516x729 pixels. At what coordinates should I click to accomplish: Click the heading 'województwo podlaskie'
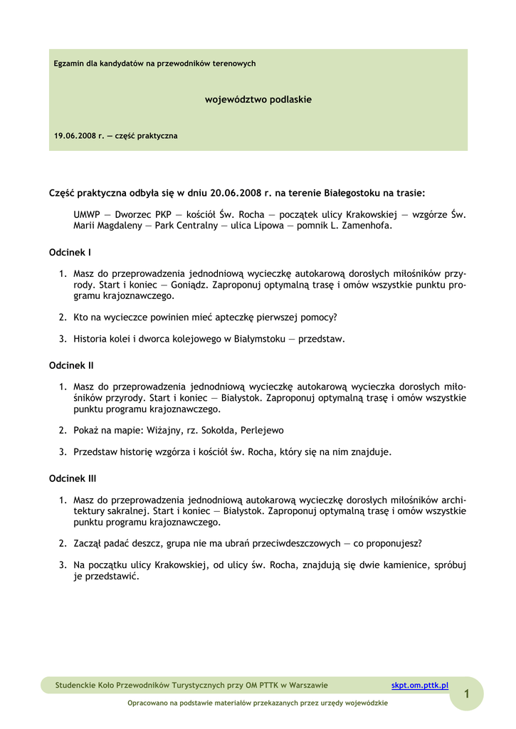[x=258, y=100]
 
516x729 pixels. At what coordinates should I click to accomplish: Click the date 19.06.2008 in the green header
[x=74, y=135]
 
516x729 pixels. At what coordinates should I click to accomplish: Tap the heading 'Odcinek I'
[x=70, y=252]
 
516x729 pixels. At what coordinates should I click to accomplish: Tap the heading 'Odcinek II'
[x=71, y=365]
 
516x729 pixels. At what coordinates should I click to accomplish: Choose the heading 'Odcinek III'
[x=73, y=478]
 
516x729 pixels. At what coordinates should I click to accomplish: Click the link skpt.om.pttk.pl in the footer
[x=420, y=686]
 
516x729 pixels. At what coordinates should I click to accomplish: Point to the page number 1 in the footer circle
[x=467, y=693]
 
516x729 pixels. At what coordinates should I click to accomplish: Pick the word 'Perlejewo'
[x=263, y=430]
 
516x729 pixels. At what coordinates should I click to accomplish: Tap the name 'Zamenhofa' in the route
[x=367, y=226]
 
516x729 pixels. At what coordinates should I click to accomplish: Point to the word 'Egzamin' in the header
[x=69, y=64]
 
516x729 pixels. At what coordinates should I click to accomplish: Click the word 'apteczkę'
[x=228, y=317]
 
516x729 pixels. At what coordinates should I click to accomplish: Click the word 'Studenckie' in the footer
[x=76, y=686]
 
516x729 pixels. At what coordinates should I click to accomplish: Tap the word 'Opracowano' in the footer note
[x=147, y=703]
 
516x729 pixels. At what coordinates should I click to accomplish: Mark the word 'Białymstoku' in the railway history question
[x=262, y=339]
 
